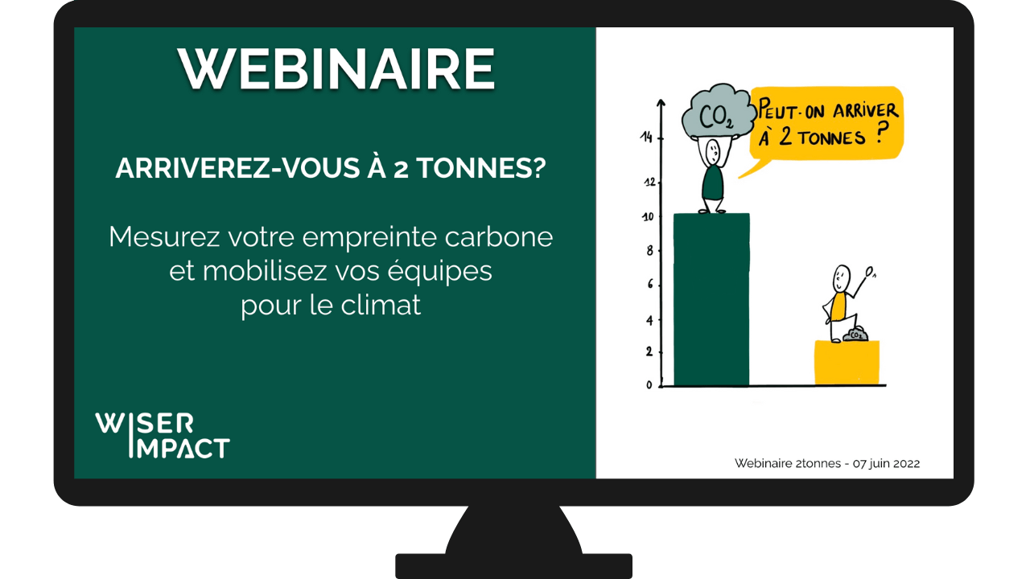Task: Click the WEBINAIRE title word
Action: tap(336, 69)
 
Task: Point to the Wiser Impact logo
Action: tap(163, 435)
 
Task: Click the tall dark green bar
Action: tap(711, 299)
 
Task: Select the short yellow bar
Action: tap(847, 363)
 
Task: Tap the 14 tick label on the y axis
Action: tap(646, 137)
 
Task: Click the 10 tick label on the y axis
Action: tap(648, 216)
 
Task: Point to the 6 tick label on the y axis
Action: tap(650, 285)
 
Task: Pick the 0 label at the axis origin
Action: tap(649, 385)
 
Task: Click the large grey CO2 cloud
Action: tap(719, 112)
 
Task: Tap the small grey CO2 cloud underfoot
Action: tap(855, 334)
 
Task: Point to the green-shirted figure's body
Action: tap(713, 183)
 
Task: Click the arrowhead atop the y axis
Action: tap(661, 103)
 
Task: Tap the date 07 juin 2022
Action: tap(886, 463)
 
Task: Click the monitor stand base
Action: tap(513, 566)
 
